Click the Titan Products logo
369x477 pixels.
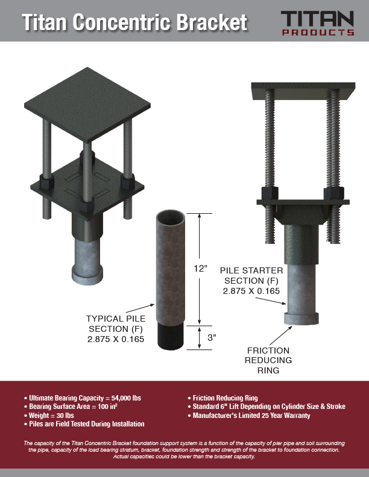coord(318,23)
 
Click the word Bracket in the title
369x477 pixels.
coord(212,22)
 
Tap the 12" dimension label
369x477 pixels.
coord(201,269)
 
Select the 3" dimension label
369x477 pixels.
coord(212,338)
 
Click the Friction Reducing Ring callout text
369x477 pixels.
coord(268,360)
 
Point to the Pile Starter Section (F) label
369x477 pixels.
coord(251,281)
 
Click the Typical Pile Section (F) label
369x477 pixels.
coord(116,329)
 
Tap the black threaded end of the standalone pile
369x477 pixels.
coord(171,337)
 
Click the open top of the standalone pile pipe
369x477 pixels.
coord(171,217)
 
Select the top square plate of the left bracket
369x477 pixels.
coord(87,105)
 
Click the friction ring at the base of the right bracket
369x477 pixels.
coord(301,318)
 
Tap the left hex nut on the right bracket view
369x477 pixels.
coord(270,193)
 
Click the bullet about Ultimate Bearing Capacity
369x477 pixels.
coord(82,398)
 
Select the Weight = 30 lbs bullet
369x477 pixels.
coord(49,415)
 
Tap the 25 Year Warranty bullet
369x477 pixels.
coord(249,415)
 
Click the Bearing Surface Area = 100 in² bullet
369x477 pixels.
coord(71,407)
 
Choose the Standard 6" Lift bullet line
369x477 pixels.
coord(266,407)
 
